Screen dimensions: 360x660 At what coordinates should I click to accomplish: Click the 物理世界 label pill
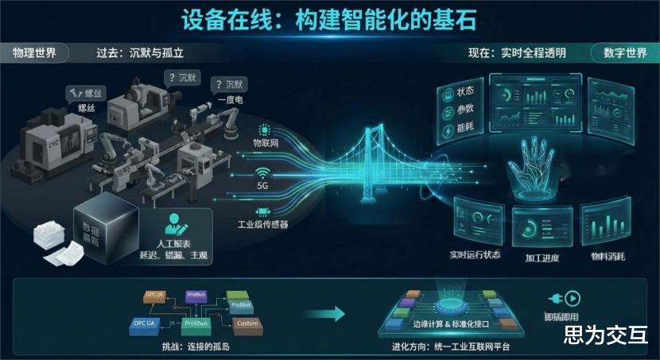(x=35, y=53)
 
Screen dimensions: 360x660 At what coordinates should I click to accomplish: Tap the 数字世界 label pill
(x=625, y=53)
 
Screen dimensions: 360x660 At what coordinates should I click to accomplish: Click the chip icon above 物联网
(x=264, y=130)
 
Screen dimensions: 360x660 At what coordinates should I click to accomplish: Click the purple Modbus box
(x=196, y=296)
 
